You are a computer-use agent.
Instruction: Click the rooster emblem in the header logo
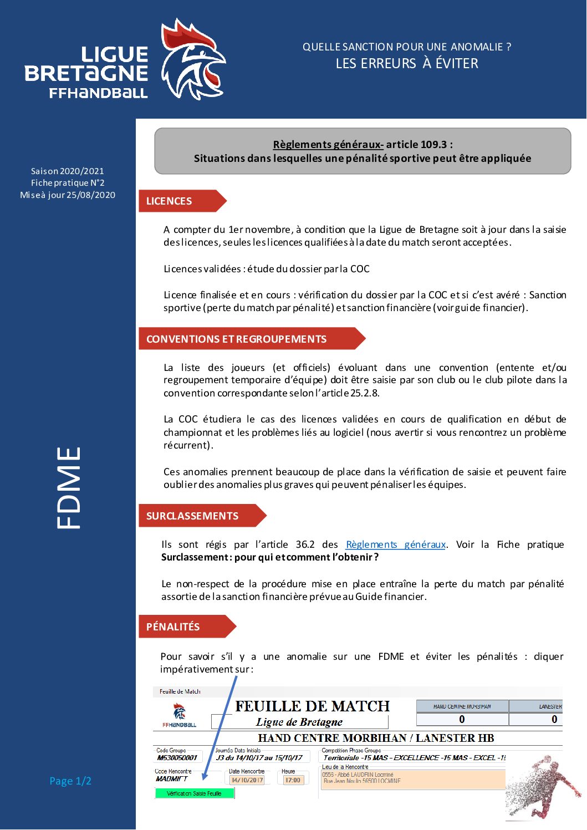pos(191,60)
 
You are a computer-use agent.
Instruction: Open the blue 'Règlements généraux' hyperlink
pos(396,544)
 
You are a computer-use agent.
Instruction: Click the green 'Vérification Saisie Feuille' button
pos(194,793)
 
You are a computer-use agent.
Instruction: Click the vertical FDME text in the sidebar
pos(69,488)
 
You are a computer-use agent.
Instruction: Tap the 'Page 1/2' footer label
pos(70,781)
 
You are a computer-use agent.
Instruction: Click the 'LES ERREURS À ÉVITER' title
pos(407,64)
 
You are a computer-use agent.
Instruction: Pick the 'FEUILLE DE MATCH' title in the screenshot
pos(312,706)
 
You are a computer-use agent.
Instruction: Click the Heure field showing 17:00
pos(293,780)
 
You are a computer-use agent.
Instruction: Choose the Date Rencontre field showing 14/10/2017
pos(247,780)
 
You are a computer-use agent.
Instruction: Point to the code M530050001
pos(177,757)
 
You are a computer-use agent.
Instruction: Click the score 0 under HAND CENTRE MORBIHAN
pos(462,719)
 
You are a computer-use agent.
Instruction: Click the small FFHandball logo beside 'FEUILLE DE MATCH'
pos(179,715)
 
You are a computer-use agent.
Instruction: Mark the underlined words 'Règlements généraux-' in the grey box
pos(328,145)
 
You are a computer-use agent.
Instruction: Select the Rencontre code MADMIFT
pos(171,778)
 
